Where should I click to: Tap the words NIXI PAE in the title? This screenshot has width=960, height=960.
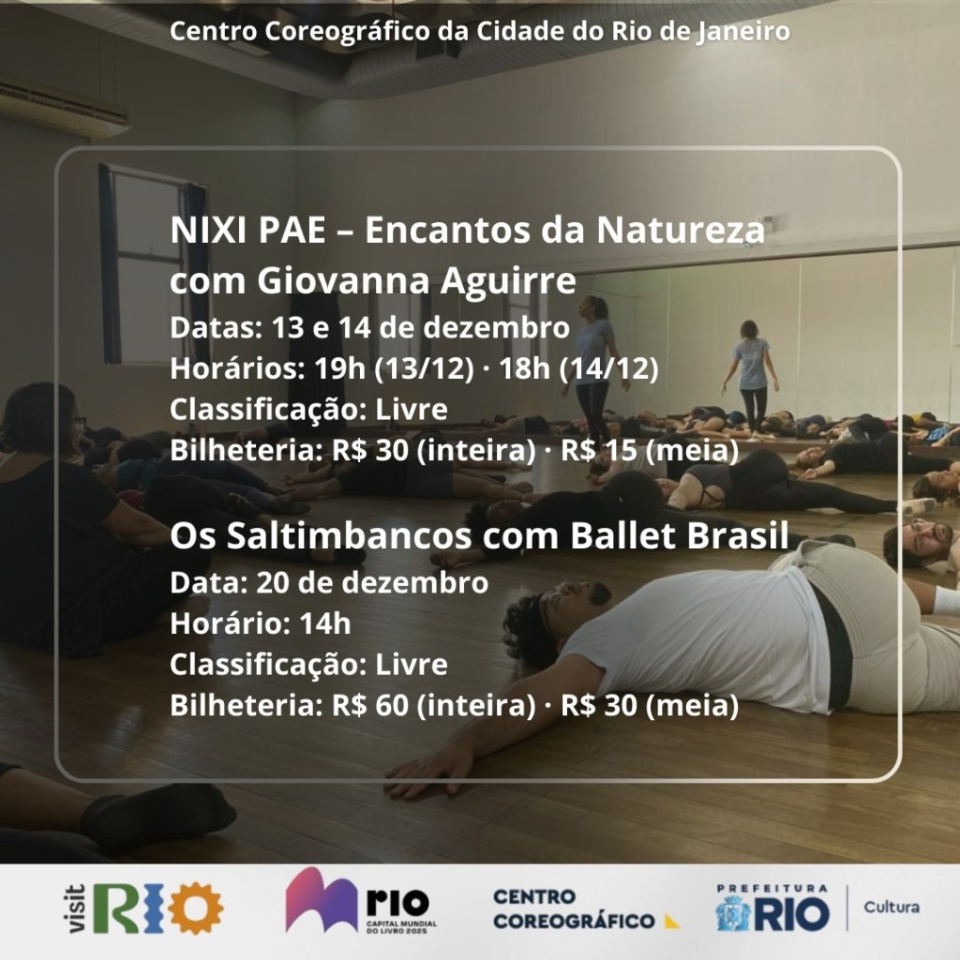(x=247, y=231)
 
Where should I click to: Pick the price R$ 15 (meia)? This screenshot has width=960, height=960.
(x=651, y=451)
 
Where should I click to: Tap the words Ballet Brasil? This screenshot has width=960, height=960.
(x=680, y=535)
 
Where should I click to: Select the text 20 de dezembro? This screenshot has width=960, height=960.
(x=372, y=583)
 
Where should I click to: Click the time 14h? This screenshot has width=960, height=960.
(x=325, y=623)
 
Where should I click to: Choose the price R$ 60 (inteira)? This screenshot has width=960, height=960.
(x=433, y=705)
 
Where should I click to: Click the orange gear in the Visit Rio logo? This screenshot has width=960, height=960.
(x=196, y=907)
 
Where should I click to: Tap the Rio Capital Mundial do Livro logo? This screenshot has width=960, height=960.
(x=361, y=900)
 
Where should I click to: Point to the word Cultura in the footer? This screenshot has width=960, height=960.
(x=892, y=907)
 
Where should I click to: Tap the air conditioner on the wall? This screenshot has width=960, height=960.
(x=61, y=108)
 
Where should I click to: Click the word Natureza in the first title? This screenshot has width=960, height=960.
(x=681, y=231)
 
